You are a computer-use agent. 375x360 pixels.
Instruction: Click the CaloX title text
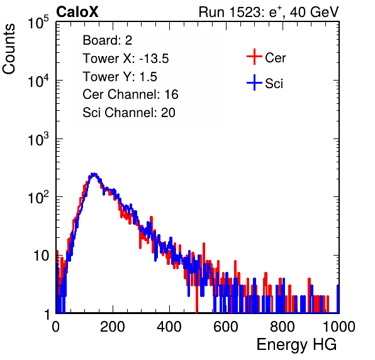click(77, 12)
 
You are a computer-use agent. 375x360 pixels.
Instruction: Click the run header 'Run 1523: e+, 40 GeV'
click(269, 12)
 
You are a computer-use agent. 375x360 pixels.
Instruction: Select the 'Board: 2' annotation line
click(107, 40)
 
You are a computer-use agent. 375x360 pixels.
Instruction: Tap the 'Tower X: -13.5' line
click(126, 59)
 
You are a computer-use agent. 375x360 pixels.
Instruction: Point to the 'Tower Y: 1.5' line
click(120, 77)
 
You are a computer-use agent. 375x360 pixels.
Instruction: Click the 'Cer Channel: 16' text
click(130, 94)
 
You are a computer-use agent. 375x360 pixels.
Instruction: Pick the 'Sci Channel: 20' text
click(129, 113)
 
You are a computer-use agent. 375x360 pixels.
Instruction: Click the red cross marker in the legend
click(254, 57)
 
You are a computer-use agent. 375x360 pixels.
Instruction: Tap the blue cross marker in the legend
click(254, 82)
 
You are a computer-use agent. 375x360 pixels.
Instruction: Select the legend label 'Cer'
click(275, 58)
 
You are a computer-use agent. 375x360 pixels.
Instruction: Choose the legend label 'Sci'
click(274, 84)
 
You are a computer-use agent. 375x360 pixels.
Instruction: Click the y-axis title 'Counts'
click(9, 49)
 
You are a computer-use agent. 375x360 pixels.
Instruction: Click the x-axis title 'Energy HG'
click(296, 345)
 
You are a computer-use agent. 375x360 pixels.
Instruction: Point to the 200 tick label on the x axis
click(113, 327)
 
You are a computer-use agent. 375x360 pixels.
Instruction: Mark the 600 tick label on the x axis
click(226, 327)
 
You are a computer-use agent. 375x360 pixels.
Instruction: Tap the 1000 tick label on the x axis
click(339, 327)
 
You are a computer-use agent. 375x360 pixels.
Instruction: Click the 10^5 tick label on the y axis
click(38, 22)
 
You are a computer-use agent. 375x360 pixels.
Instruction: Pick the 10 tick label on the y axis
click(41, 256)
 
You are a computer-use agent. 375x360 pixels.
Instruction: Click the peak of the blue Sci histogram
click(94, 174)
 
